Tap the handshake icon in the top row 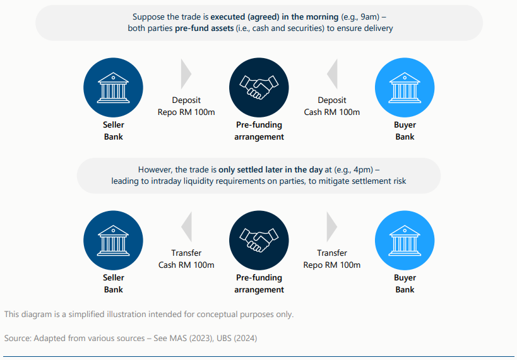(x=259, y=86)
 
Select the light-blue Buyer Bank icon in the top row (x=405, y=86)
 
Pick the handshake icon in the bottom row (x=259, y=240)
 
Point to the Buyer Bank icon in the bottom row (x=405, y=240)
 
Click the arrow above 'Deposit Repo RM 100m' (x=186, y=74)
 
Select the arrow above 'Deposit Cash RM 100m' (x=332, y=74)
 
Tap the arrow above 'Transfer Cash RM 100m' (x=186, y=227)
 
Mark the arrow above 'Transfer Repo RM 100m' (x=332, y=227)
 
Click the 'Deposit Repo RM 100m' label (x=186, y=106)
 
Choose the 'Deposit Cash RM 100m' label (x=332, y=106)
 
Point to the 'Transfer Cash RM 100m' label (x=186, y=259)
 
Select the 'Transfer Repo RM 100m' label (x=332, y=259)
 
